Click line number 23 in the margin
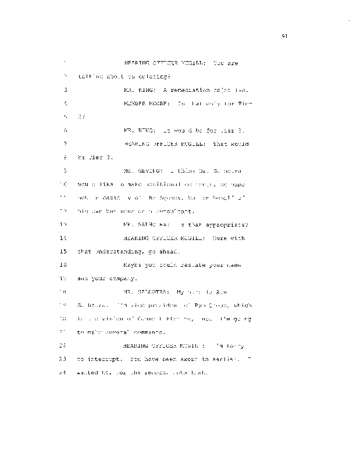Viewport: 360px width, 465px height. coord(66,359)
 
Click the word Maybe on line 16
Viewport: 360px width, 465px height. coord(135,264)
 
